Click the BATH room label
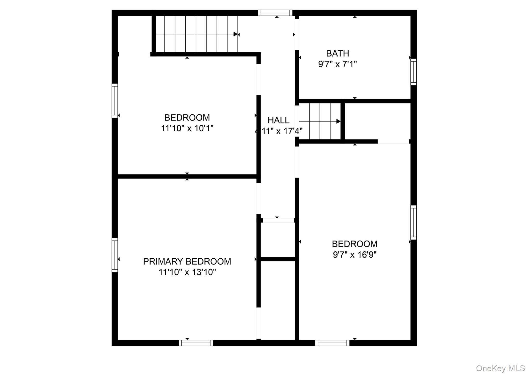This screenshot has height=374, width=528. click(x=337, y=53)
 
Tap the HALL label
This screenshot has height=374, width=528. click(x=278, y=120)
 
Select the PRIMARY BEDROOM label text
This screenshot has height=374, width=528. click(x=187, y=261)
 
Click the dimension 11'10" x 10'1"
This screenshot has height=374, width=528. click(x=187, y=128)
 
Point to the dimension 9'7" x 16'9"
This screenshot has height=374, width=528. click(x=354, y=255)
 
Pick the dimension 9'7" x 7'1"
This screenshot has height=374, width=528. click(x=337, y=64)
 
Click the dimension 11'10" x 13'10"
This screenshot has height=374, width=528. click(x=187, y=272)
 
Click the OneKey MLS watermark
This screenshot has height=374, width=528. click(x=500, y=368)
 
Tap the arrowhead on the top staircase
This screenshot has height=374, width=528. click(x=235, y=34)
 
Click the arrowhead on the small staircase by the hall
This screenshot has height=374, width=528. click(x=338, y=121)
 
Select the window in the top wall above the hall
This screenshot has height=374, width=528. click(x=275, y=13)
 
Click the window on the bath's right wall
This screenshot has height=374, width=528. click(x=413, y=72)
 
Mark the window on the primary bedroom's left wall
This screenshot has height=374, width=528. click(x=115, y=255)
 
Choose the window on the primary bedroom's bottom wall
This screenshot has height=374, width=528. click(x=196, y=343)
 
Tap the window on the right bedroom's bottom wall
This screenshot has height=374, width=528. click(x=332, y=343)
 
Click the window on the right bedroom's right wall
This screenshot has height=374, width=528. click(x=413, y=222)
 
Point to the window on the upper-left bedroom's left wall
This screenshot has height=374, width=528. click(x=115, y=101)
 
